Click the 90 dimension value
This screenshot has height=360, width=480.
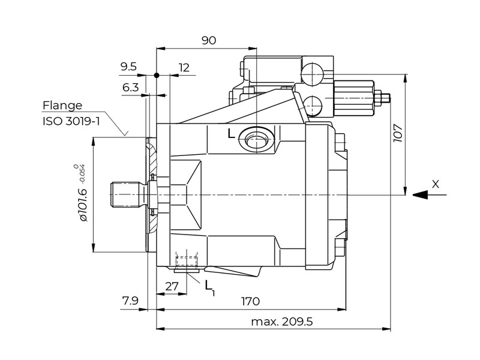[x=208, y=41]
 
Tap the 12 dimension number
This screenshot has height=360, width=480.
[x=184, y=67]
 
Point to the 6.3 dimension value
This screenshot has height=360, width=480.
[x=131, y=88]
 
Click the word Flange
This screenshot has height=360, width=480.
[x=62, y=106]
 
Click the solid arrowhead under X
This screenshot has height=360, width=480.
[x=420, y=194]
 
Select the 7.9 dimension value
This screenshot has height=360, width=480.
[x=130, y=299]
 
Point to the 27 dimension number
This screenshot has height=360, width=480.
[x=172, y=286]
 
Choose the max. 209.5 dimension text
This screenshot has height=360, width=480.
[x=282, y=322]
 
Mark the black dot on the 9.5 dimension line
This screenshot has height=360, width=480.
[x=156, y=76]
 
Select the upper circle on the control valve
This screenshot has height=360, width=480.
[x=313, y=75]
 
